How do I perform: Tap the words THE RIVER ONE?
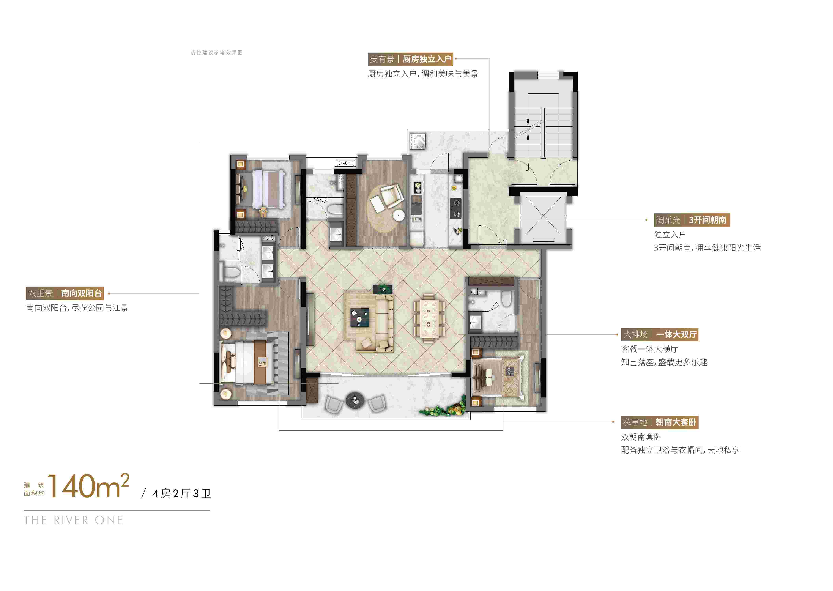(73, 520)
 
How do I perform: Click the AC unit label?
(345, 163)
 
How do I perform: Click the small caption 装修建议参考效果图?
(216, 52)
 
